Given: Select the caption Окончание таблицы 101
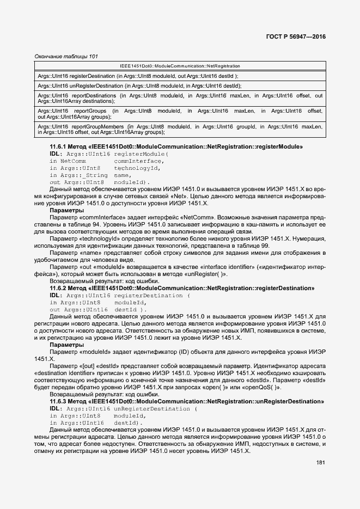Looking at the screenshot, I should (x=66, y=57).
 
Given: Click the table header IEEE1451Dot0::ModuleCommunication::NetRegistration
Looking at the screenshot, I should (x=180, y=66).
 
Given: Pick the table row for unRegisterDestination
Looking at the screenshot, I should (x=139, y=86).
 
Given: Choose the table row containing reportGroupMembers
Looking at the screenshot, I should (x=180, y=129).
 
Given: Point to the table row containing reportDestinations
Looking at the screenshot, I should (x=180, y=98).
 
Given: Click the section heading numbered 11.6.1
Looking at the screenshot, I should (x=176, y=147).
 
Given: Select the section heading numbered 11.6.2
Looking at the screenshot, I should (x=182, y=288).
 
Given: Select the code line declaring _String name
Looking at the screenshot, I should (x=90, y=175).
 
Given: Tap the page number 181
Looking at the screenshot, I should (x=320, y=463).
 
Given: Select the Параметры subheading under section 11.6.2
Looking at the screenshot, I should (x=66, y=345).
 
